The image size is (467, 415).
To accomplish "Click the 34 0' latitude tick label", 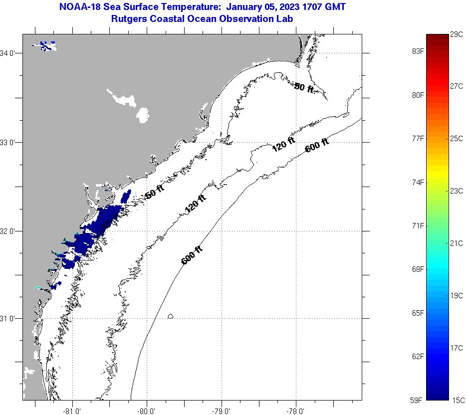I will click(9, 53).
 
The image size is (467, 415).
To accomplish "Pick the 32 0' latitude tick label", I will click(9, 231).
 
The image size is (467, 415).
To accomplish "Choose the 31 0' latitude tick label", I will click(9, 318).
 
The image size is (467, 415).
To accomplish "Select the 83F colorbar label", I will click(418, 51).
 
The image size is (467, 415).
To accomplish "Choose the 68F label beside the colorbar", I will click(418, 269).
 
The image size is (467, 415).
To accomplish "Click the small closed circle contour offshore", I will click(171, 316).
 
